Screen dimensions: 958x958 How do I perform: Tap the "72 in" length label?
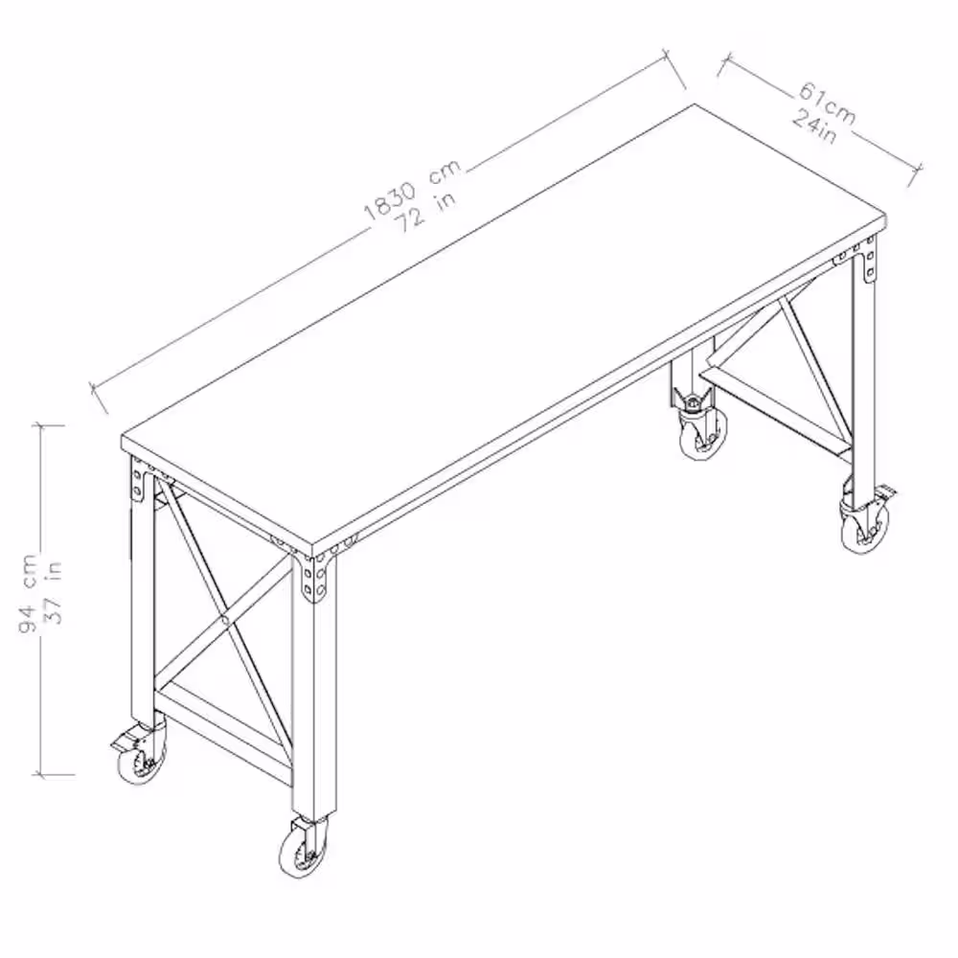coord(427,213)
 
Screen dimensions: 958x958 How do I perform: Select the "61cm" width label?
coord(827,103)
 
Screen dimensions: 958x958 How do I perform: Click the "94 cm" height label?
coord(28,594)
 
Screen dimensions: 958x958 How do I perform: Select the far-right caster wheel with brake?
coord(865,529)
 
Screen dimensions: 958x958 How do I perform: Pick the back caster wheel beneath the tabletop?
coord(703,433)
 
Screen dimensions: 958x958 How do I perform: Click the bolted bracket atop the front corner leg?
coord(315,579)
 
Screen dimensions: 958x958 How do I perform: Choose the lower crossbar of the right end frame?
coord(773,412)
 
